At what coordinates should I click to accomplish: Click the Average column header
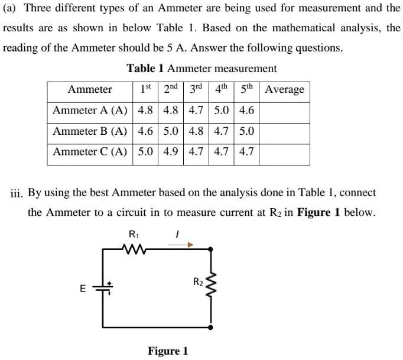click(285, 90)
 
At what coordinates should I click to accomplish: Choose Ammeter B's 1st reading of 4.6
click(145, 131)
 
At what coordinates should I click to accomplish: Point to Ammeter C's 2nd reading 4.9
click(171, 151)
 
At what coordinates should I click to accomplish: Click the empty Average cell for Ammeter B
click(285, 131)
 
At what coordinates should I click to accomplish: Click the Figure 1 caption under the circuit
click(168, 351)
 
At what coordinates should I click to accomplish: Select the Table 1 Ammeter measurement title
click(202, 69)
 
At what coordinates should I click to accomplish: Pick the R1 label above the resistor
click(134, 232)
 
